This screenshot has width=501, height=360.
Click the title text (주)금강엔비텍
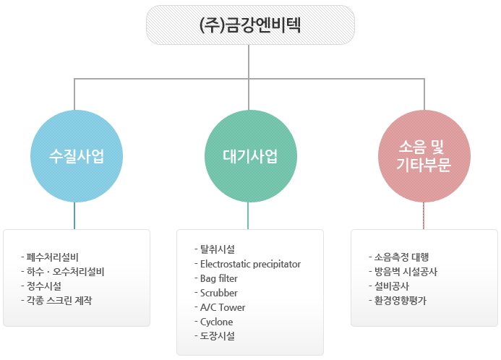(250, 25)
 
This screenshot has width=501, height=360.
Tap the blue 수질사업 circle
(77, 156)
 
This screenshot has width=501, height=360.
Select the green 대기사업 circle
(250, 156)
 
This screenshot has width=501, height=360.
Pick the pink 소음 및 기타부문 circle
(424, 156)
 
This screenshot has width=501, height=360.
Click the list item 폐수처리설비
(52, 257)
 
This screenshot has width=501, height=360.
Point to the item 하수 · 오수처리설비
(66, 272)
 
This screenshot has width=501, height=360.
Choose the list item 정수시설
(44, 286)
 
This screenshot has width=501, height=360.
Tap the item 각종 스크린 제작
(59, 300)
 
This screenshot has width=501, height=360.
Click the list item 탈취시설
(218, 249)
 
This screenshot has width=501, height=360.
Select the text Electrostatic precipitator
(250, 264)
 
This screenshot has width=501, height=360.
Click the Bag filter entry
(218, 278)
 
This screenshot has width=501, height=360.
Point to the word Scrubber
(218, 293)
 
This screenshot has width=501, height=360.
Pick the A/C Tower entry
(223, 307)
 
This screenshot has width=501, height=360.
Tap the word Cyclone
(216, 322)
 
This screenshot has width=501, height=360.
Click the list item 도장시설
(218, 336)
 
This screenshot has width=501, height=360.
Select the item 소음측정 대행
(401, 257)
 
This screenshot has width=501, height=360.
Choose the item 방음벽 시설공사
(406, 272)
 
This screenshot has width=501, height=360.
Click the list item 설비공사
(391, 286)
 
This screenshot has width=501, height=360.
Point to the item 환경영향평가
(400, 300)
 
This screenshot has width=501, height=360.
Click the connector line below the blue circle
(74, 215)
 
